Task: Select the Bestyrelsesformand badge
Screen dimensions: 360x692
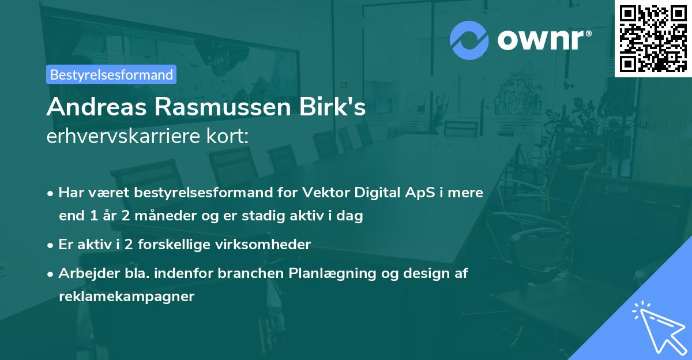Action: click(x=111, y=74)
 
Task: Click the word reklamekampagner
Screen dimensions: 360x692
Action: click(x=126, y=297)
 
